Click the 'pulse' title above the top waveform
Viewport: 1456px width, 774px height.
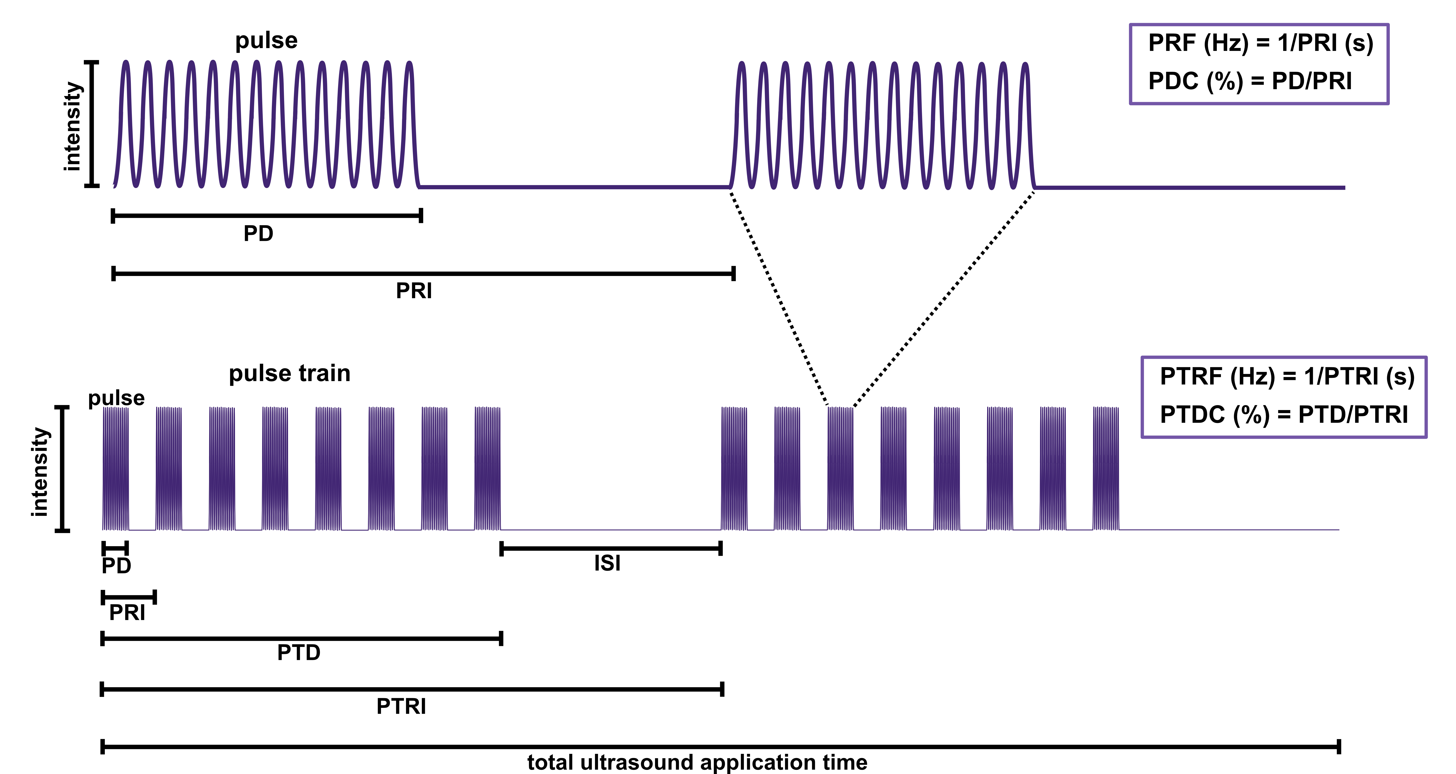point(266,41)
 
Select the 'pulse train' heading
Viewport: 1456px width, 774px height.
point(289,373)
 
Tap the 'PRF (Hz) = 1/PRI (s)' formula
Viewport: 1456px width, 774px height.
point(1260,43)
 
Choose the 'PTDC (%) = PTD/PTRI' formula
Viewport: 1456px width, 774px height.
point(1284,415)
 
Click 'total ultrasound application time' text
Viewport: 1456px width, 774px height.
point(697,762)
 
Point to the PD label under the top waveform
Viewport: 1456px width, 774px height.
point(258,233)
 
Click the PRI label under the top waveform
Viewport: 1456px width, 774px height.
point(414,291)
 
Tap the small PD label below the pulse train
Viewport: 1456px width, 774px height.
point(116,566)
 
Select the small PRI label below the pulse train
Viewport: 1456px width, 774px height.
point(127,613)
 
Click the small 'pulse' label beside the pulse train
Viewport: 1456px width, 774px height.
point(116,398)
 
